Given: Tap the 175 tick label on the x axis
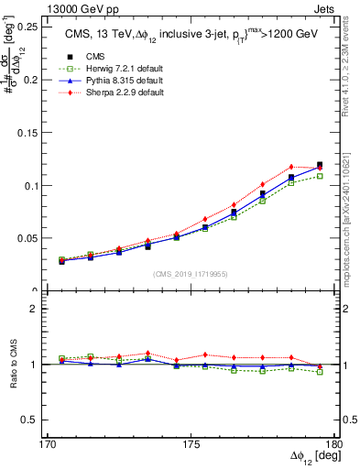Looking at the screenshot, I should point(190,445).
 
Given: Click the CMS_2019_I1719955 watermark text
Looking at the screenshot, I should point(191,273).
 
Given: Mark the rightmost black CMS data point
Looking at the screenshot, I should point(320,165).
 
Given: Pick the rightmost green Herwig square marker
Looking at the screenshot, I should point(320,176).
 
